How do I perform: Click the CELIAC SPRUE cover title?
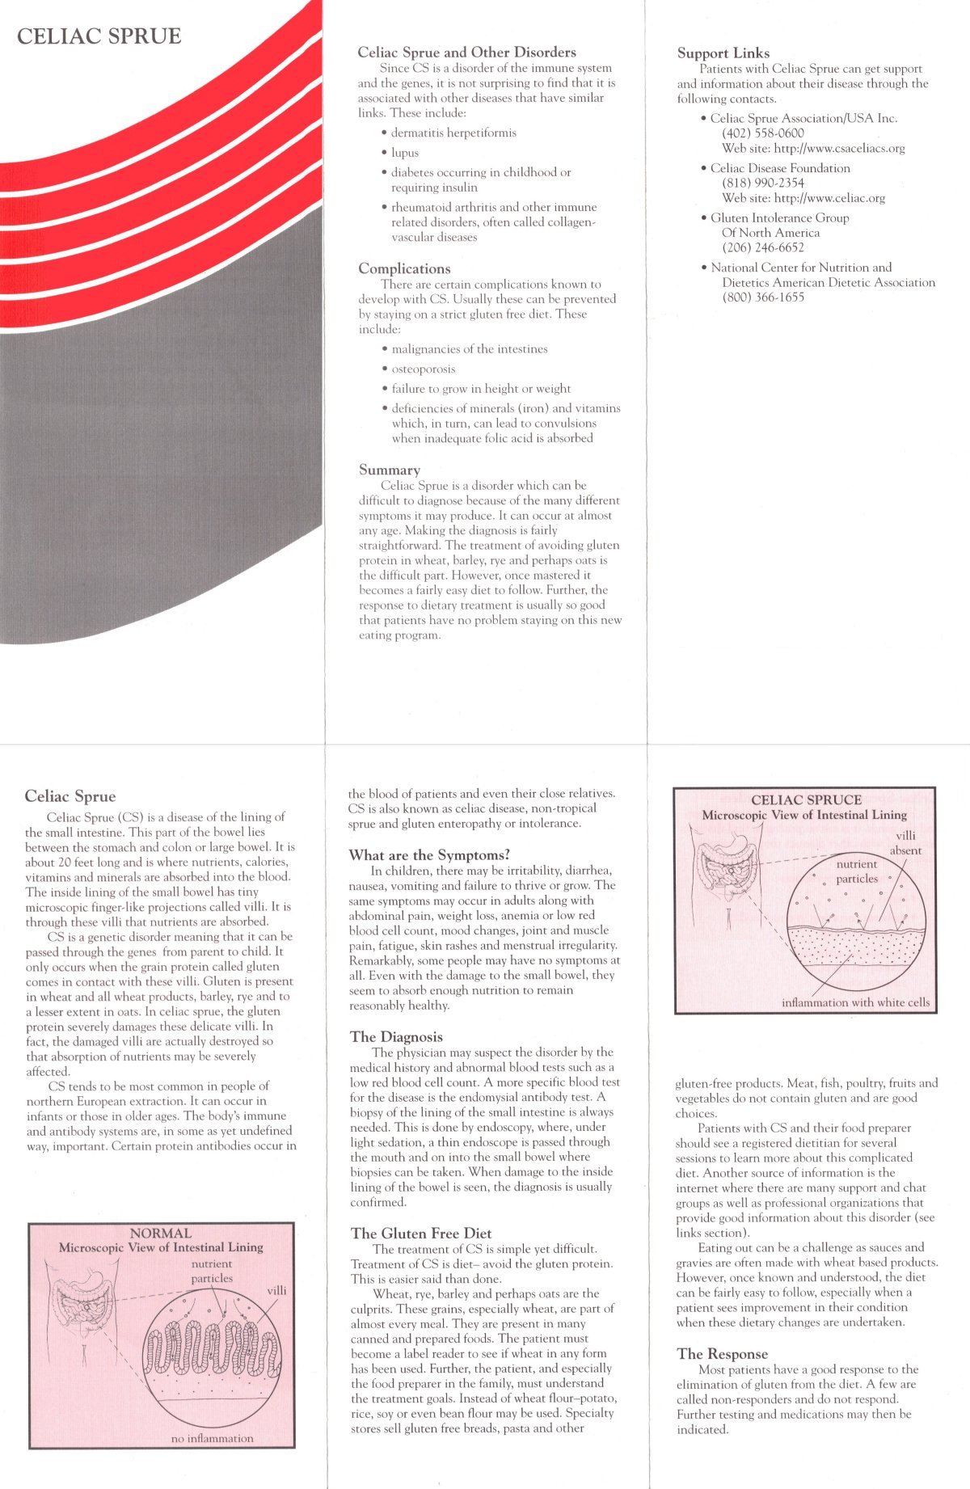(99, 36)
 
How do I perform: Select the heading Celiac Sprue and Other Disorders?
(466, 53)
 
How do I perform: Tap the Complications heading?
(404, 268)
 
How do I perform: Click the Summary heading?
(389, 470)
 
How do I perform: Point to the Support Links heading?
(723, 53)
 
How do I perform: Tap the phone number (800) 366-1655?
(762, 297)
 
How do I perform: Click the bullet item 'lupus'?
(405, 153)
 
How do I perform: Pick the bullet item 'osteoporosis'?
(423, 369)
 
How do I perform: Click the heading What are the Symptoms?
(429, 855)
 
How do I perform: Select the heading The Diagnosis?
(396, 1037)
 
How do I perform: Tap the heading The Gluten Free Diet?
(420, 1234)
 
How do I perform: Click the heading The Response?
(722, 1354)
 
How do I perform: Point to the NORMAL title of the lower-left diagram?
(161, 1234)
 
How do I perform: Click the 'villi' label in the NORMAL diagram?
(276, 1291)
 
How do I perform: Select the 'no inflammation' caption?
(212, 1438)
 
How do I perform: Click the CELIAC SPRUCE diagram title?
(806, 800)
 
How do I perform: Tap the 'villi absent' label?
(905, 843)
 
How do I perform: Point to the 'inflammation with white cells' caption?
(855, 1003)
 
